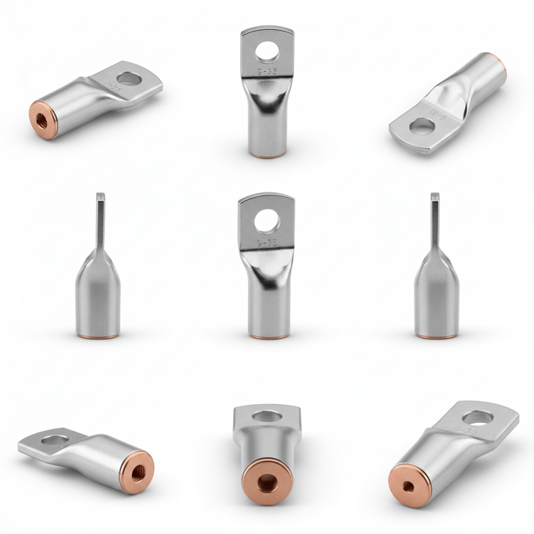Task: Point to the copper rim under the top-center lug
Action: tap(267, 156)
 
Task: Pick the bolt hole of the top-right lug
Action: tap(422, 126)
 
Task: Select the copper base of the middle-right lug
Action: tap(437, 336)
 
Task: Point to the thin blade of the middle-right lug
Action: tap(435, 219)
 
